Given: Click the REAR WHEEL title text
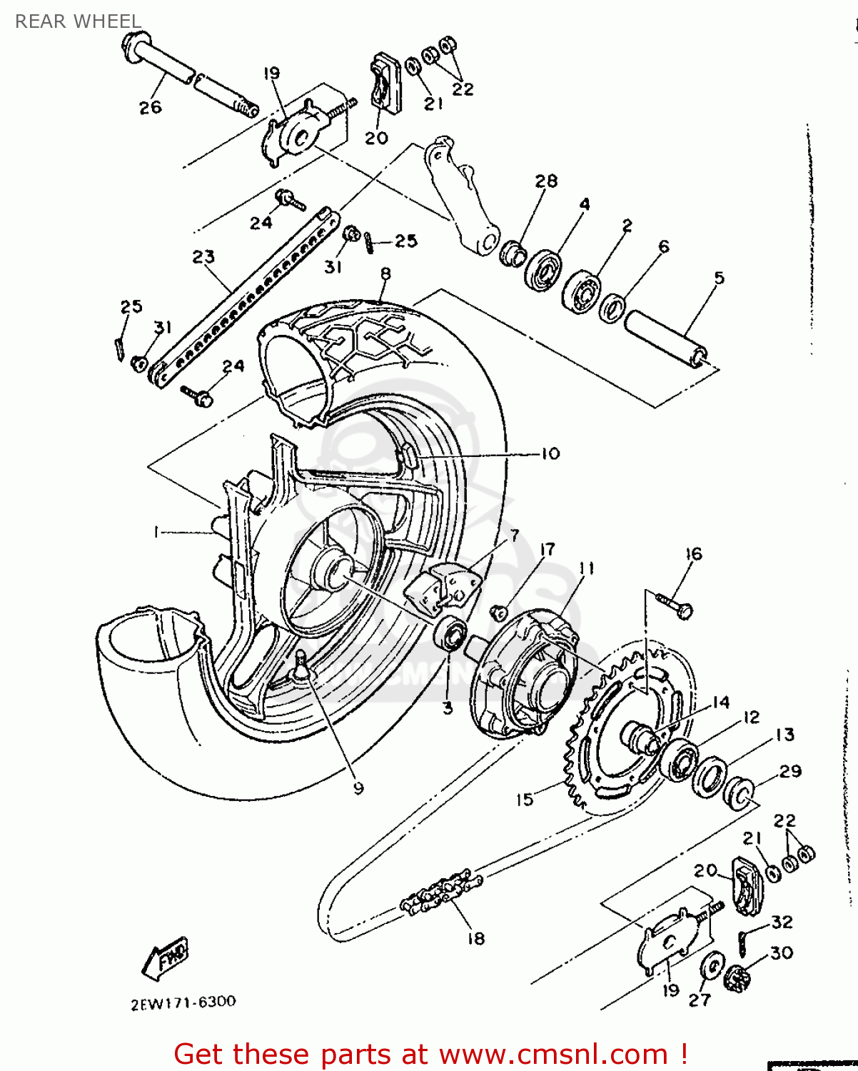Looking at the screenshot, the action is (78, 21).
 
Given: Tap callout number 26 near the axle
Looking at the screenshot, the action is (150, 107).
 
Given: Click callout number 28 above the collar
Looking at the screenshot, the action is (546, 181).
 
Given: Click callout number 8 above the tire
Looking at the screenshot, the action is (385, 273).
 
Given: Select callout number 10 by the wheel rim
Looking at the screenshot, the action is (550, 453).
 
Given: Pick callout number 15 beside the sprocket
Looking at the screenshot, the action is (525, 800).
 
